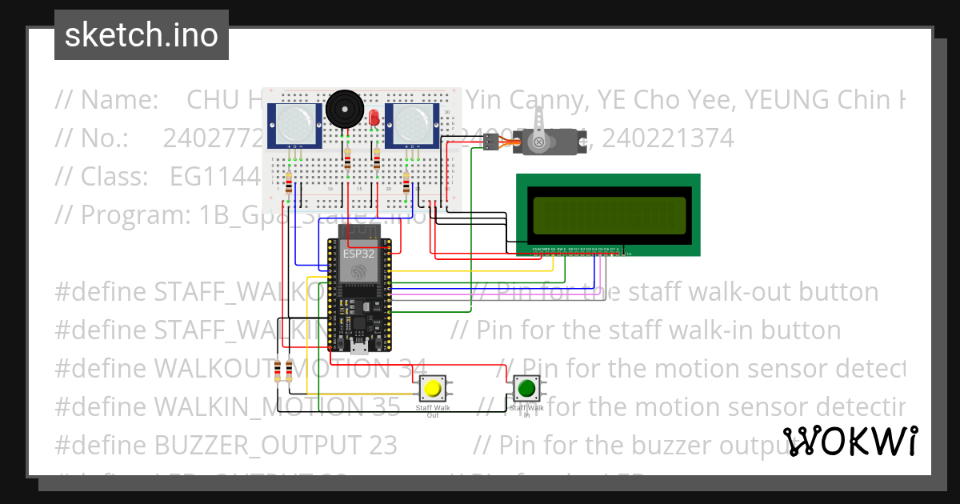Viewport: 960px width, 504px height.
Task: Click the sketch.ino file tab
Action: click(142, 35)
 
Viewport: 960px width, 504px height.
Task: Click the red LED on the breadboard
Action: click(374, 118)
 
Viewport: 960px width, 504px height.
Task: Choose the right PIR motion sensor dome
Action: click(410, 123)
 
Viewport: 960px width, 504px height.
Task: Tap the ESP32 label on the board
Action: click(358, 254)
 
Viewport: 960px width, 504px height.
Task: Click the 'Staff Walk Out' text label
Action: click(433, 411)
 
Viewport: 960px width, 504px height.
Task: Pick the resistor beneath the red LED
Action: click(377, 162)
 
